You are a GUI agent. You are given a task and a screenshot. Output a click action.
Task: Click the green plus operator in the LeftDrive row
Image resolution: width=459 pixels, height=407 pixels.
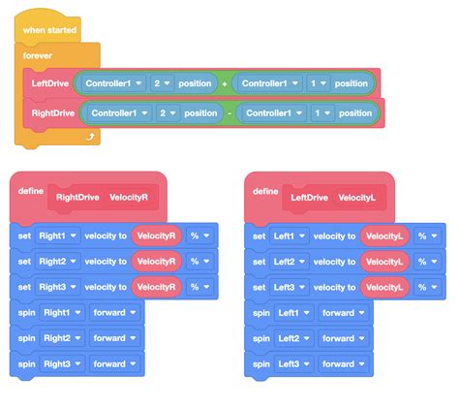[225, 84]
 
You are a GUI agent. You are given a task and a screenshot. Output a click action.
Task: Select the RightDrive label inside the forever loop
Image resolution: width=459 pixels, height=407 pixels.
[50, 113]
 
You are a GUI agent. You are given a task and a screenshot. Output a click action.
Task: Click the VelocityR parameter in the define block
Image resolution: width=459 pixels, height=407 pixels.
[129, 197]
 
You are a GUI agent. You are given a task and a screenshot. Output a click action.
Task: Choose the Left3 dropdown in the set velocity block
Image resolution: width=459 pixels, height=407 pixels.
[291, 287]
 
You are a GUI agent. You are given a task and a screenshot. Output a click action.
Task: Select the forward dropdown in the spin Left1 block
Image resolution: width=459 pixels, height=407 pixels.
[344, 313]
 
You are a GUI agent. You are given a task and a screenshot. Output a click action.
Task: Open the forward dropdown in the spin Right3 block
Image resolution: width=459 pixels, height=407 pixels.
[114, 364]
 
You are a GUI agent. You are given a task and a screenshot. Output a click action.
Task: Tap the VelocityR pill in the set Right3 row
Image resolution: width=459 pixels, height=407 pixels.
[156, 287]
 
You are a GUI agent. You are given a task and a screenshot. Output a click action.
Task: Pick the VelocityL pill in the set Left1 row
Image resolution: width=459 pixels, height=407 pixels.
[384, 235]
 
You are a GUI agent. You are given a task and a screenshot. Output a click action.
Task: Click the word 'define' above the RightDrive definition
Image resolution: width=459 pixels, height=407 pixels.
[31, 191]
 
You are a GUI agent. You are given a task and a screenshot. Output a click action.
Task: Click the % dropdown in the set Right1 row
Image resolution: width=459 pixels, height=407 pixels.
[199, 235]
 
